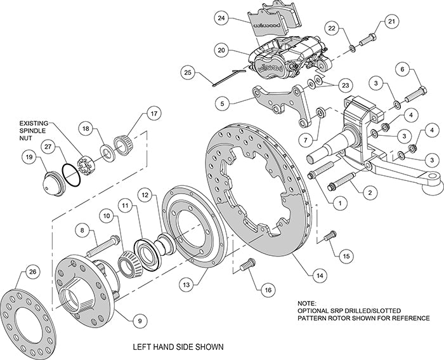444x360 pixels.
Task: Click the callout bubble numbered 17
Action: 152,115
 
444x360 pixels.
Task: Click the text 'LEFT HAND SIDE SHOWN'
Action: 178,347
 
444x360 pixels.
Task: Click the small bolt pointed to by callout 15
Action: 329,236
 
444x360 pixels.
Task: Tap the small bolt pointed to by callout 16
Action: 248,262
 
